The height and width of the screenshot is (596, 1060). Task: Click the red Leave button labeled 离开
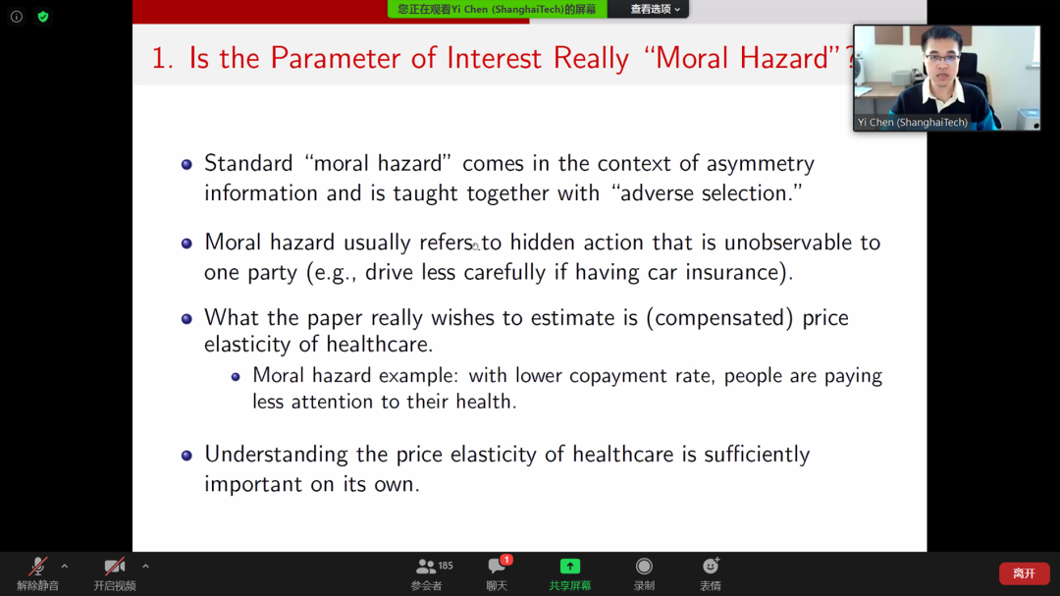[x=1024, y=573]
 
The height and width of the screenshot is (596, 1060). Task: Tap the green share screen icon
[x=570, y=567]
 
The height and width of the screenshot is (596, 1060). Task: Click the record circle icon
[x=644, y=566]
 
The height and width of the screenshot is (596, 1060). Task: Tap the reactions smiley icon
[x=711, y=566]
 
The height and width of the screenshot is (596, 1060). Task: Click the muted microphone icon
[x=38, y=566]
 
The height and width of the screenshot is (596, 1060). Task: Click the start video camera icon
[x=114, y=566]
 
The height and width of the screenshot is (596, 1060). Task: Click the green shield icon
[x=43, y=17]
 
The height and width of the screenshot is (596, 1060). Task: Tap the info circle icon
[x=17, y=17]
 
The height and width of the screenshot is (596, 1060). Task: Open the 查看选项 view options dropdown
[x=655, y=9]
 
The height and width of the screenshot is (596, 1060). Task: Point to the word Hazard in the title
[x=784, y=58]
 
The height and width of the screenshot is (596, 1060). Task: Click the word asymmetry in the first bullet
[x=760, y=164]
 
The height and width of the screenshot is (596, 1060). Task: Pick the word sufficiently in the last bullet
[x=757, y=455]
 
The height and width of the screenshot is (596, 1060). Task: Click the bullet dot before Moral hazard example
[x=236, y=377]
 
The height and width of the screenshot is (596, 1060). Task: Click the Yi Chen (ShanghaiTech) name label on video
[x=912, y=123]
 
